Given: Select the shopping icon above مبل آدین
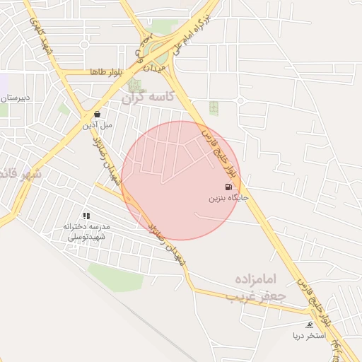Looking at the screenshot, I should pyautogui.click(x=97, y=114).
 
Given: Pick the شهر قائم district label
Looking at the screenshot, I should pyautogui.click(x=21, y=173).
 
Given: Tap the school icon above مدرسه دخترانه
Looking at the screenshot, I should pyautogui.click(x=86, y=216).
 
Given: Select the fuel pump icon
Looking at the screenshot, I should pyautogui.click(x=228, y=187).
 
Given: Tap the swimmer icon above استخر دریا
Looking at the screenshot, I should pyautogui.click(x=309, y=325).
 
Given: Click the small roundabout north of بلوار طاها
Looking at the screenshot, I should pyautogui.click(x=84, y=45).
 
